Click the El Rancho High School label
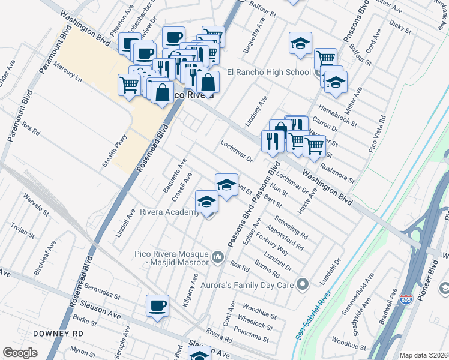point(268,72)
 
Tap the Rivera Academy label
point(169,212)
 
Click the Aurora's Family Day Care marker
point(303,284)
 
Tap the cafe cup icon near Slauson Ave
point(157,306)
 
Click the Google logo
point(20,353)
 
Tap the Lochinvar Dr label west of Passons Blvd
point(237,151)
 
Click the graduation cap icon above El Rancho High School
point(300,43)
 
